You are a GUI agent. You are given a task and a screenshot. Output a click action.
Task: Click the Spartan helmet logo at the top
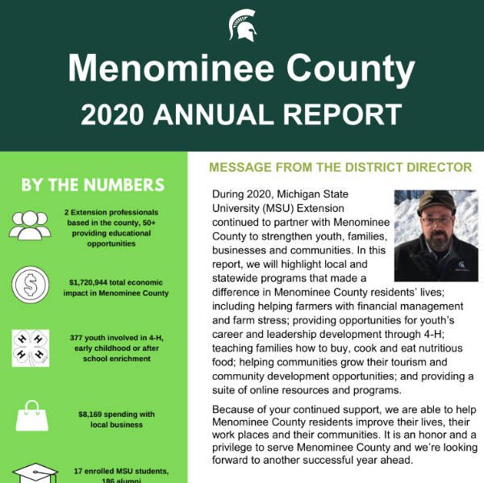click(x=242, y=25)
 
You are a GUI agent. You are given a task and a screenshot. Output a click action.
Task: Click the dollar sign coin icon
click(x=30, y=285)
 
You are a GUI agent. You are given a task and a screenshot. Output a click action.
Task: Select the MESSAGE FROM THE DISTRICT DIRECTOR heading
click(x=340, y=168)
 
